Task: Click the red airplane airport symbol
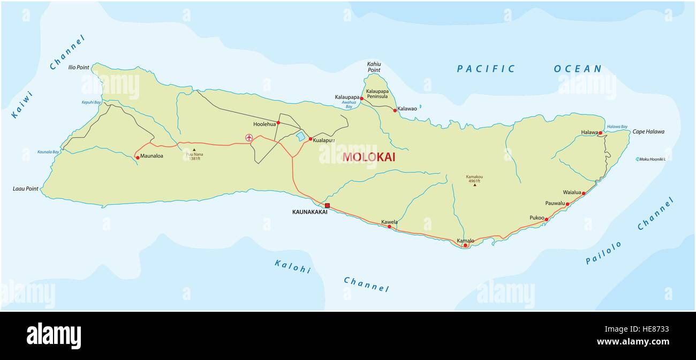tap(248, 138)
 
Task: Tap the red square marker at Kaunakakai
tap(327, 206)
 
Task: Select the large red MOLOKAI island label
tap(369, 157)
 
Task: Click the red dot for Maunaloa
tap(138, 157)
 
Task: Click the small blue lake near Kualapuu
tap(301, 137)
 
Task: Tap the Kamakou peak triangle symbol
tap(474, 185)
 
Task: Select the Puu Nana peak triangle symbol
tap(194, 150)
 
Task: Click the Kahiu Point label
tap(374, 66)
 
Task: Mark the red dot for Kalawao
tap(395, 110)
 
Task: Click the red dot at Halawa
tap(601, 133)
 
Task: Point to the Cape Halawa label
tap(648, 132)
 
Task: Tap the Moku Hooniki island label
tap(652, 159)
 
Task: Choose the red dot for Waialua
tap(584, 193)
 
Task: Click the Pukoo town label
tap(536, 218)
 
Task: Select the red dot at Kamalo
tap(465, 245)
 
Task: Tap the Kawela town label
tap(389, 222)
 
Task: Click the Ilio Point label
tap(79, 67)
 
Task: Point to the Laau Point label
tap(26, 189)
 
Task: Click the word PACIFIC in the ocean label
tap(486, 69)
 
